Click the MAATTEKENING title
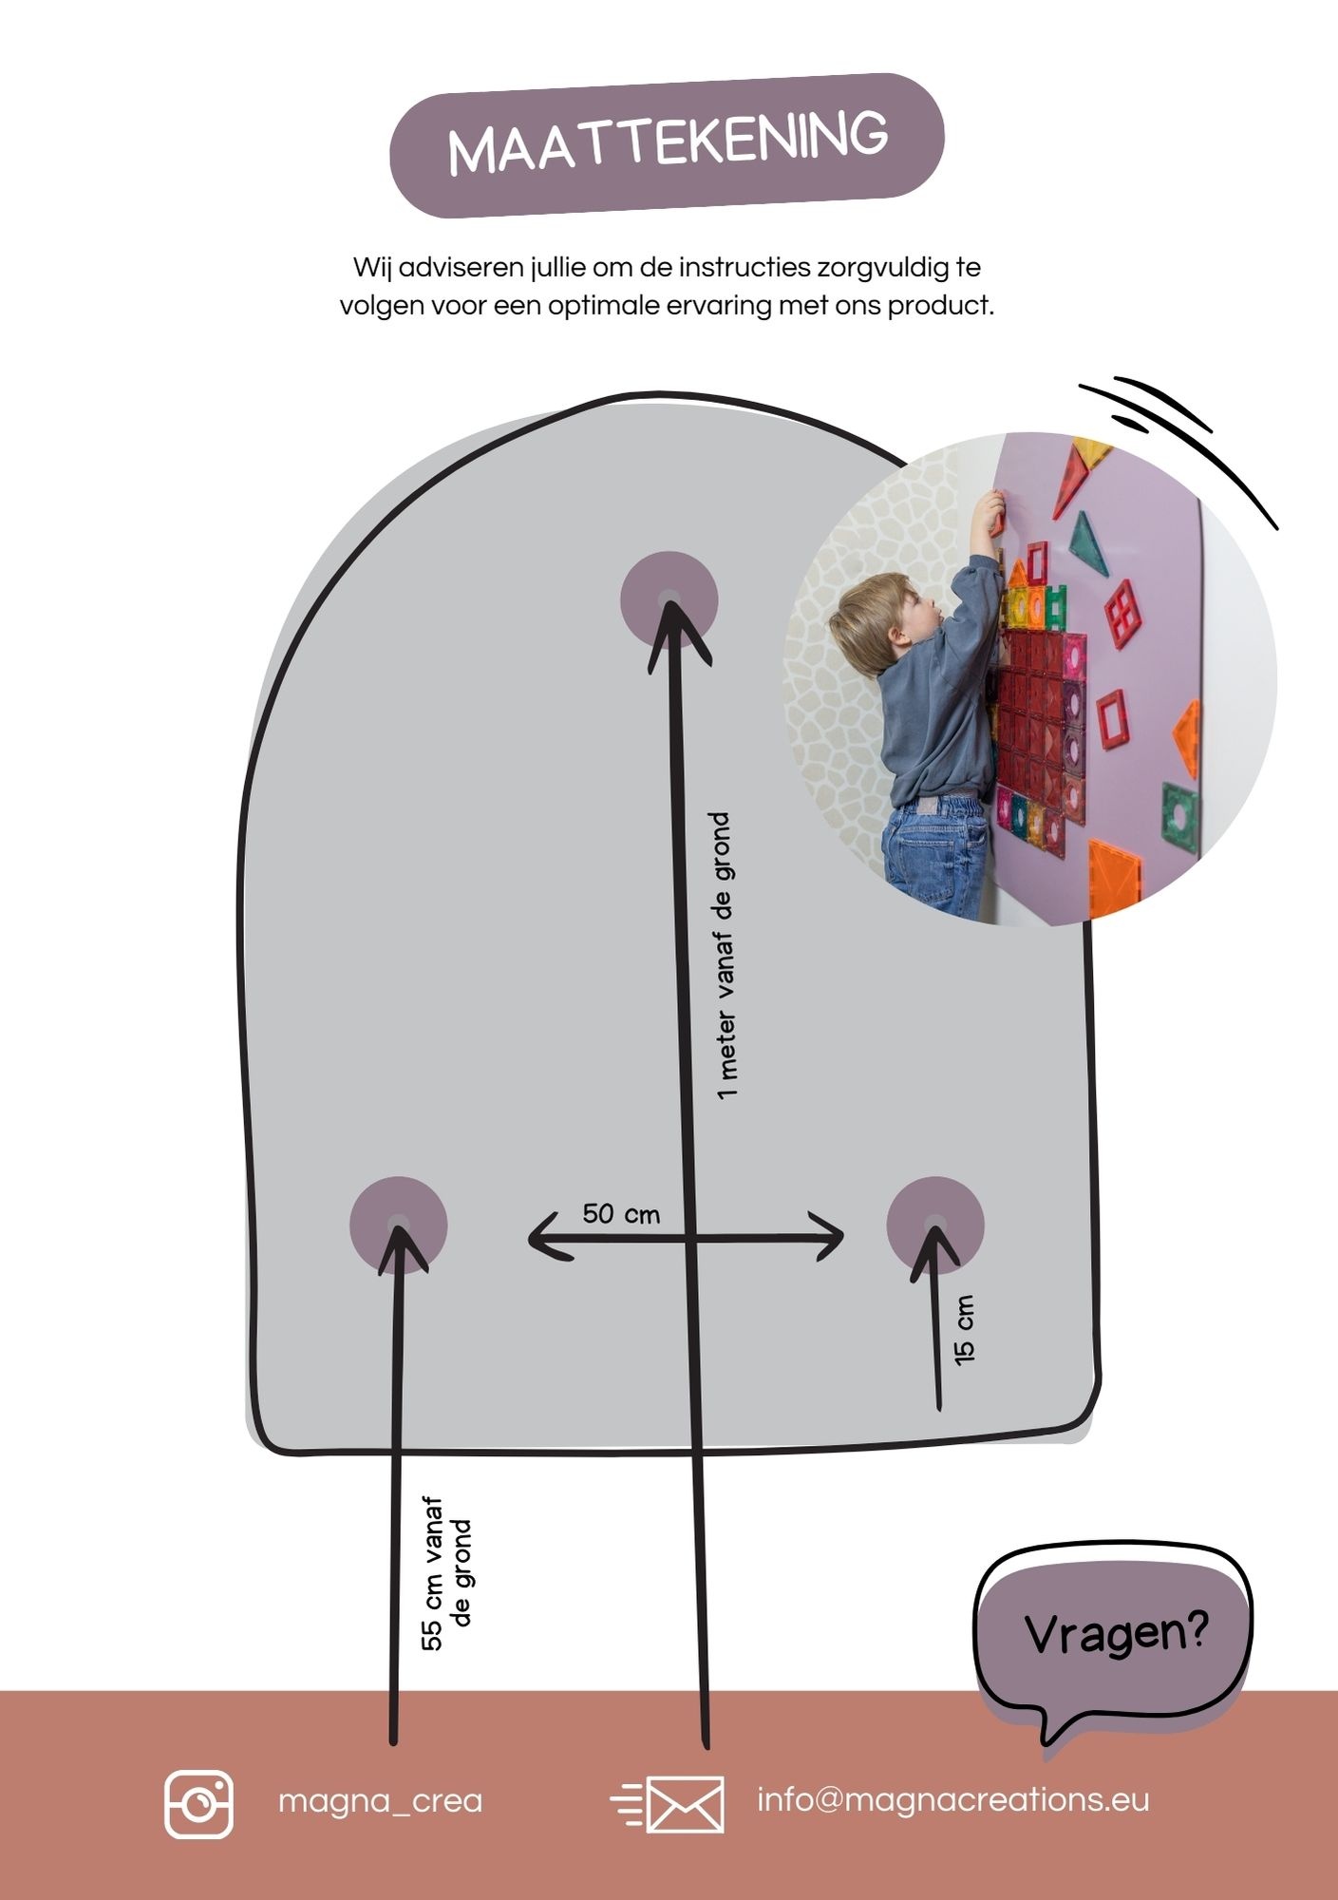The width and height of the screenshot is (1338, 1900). point(668,144)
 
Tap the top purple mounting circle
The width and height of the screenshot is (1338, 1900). point(669,599)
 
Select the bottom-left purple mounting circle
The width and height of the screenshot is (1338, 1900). point(398,1225)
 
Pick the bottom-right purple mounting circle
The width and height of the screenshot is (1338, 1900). point(935,1225)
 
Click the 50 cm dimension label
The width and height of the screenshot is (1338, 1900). point(621,1214)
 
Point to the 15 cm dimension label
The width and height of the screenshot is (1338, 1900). point(964,1330)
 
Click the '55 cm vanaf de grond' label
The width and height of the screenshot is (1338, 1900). point(446,1575)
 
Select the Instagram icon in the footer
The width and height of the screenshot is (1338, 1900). point(198,1804)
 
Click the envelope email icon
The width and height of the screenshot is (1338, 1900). point(668,1803)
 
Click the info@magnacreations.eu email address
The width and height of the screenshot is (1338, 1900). point(953,1799)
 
